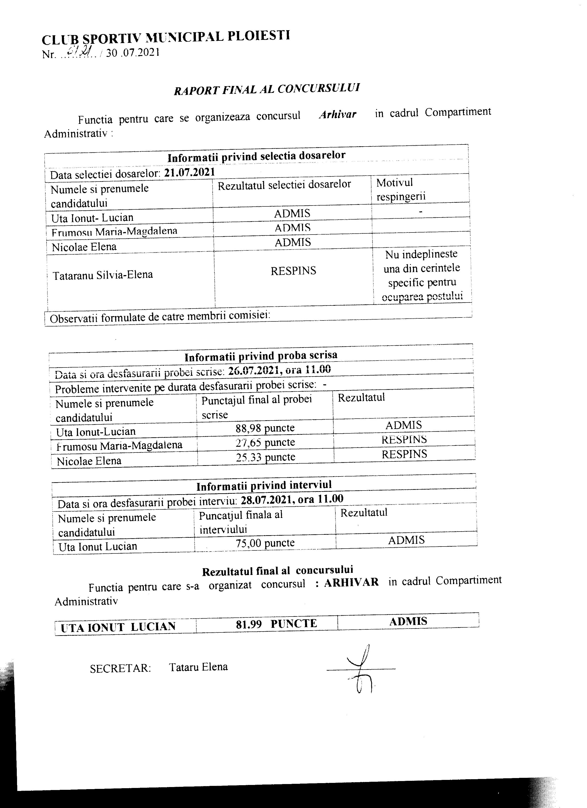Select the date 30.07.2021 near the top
click(132, 53)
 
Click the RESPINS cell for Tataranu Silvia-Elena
click(293, 271)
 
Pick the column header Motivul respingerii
click(401, 190)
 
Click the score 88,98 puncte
click(265, 428)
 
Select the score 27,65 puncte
click(265, 442)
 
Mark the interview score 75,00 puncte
click(265, 543)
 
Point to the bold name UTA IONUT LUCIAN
click(118, 627)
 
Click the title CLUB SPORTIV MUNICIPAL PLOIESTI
click(166, 37)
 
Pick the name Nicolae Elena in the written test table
click(89, 461)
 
